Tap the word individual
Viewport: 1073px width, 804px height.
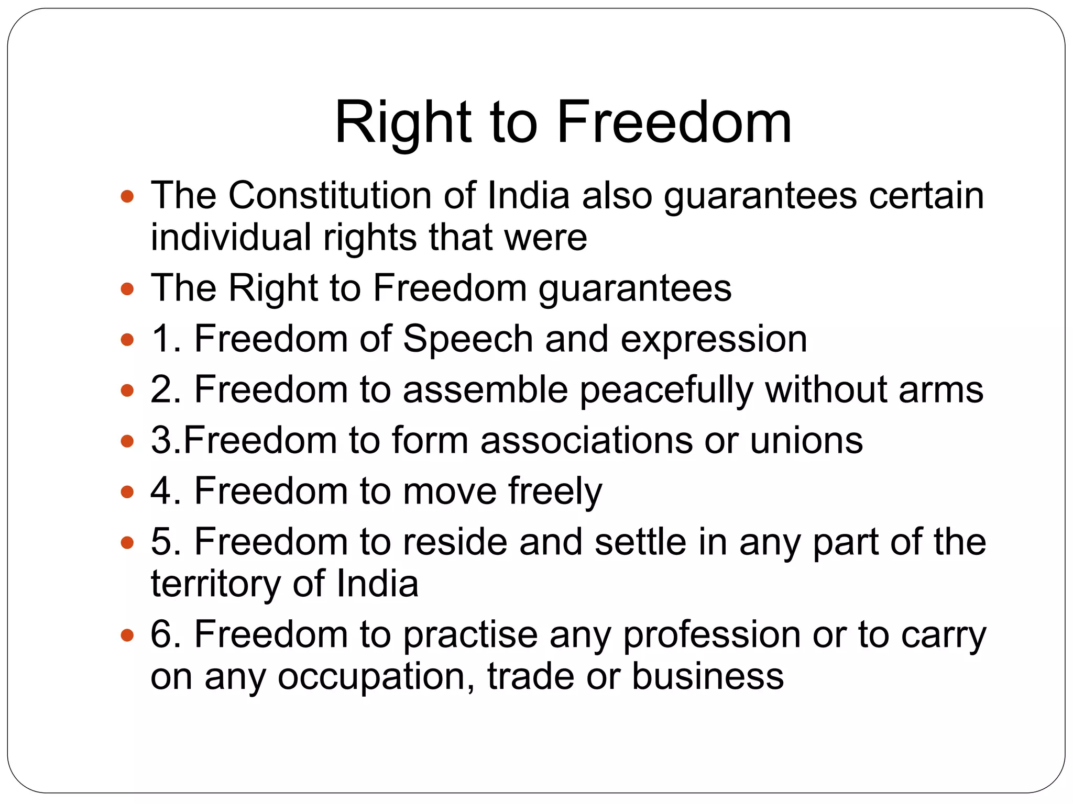tap(231, 237)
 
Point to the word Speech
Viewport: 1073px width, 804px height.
tap(467, 339)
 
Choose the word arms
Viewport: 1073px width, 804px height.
tap(941, 390)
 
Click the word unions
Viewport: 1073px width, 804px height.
tap(806, 440)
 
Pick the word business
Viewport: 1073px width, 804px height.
tap(708, 676)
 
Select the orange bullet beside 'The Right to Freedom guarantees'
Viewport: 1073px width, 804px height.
tap(127, 289)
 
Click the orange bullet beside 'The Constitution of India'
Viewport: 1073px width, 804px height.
tap(127, 197)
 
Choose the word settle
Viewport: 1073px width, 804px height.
tap(640, 542)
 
